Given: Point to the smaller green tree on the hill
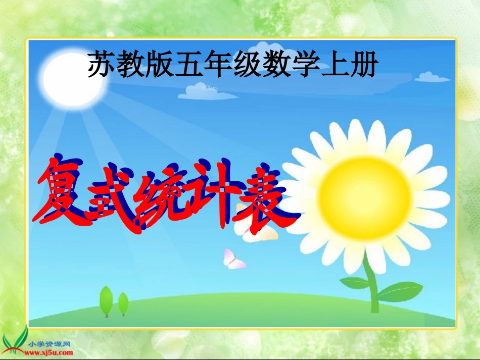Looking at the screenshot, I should tap(123, 303).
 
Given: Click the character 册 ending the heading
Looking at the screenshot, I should tap(362, 65).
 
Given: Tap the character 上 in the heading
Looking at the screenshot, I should tap(333, 65).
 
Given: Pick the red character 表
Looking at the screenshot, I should tap(264, 197).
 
